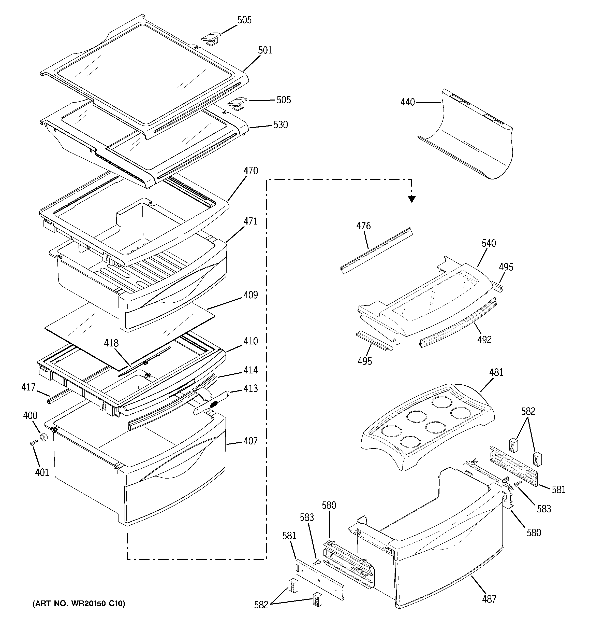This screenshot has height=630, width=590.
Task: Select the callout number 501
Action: pyautogui.click(x=265, y=50)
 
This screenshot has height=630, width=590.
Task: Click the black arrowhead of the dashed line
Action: pyautogui.click(x=411, y=199)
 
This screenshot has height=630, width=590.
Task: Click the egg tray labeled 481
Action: pyautogui.click(x=427, y=425)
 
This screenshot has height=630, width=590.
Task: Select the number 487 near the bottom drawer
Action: pyautogui.click(x=489, y=599)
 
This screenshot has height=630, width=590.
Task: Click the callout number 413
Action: pyautogui.click(x=250, y=388)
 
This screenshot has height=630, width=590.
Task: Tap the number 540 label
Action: pyautogui.click(x=489, y=243)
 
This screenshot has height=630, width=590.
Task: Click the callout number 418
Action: pyautogui.click(x=111, y=343)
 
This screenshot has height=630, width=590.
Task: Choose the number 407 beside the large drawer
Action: pyautogui.click(x=250, y=441)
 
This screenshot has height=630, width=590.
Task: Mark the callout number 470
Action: pyautogui.click(x=250, y=171)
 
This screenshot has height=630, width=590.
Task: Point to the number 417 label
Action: pyautogui.click(x=28, y=387)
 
